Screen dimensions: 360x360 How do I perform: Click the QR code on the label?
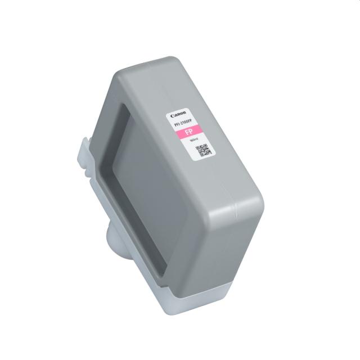coord(203,150)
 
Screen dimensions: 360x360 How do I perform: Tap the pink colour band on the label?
coord(188,134)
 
